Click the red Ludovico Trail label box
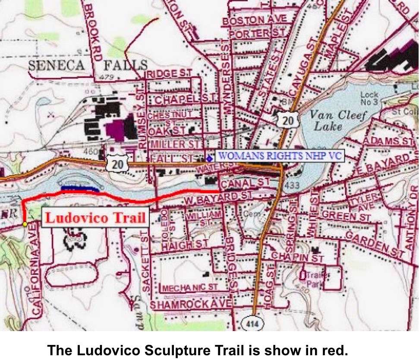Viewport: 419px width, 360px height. pyautogui.click(x=95, y=218)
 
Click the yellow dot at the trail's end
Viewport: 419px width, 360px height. pyautogui.click(x=25, y=224)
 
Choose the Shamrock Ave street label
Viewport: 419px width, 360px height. pyautogui.click(x=191, y=305)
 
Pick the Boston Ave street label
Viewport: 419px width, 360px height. pyautogui.click(x=255, y=20)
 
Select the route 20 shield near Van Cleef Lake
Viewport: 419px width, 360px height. pyautogui.click(x=287, y=119)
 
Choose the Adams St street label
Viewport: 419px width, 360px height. pyautogui.click(x=388, y=141)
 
